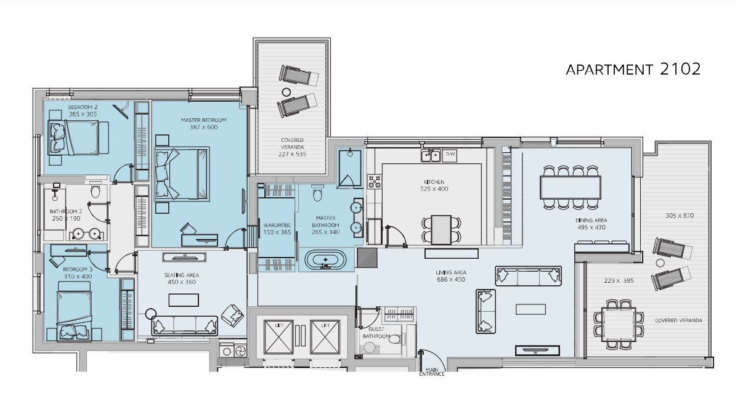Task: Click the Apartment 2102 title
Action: click(633, 69)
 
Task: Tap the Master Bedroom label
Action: click(203, 120)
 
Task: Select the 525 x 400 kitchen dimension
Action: click(434, 189)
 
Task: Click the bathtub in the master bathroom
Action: click(326, 259)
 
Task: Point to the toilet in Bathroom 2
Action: click(95, 191)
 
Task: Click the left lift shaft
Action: click(278, 337)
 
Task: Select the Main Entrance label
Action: click(432, 372)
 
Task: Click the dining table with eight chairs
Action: click(570, 187)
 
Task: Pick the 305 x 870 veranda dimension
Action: click(679, 216)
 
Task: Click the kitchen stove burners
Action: click(374, 181)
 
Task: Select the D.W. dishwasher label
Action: click(450, 153)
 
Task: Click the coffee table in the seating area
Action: click(183, 300)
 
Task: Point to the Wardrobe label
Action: click(277, 225)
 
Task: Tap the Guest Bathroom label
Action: click(376, 333)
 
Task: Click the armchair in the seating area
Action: click(232, 315)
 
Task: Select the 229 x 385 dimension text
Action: click(619, 281)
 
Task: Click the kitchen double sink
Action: click(431, 155)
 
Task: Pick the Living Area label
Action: click(451, 272)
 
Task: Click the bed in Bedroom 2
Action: click(78, 138)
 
